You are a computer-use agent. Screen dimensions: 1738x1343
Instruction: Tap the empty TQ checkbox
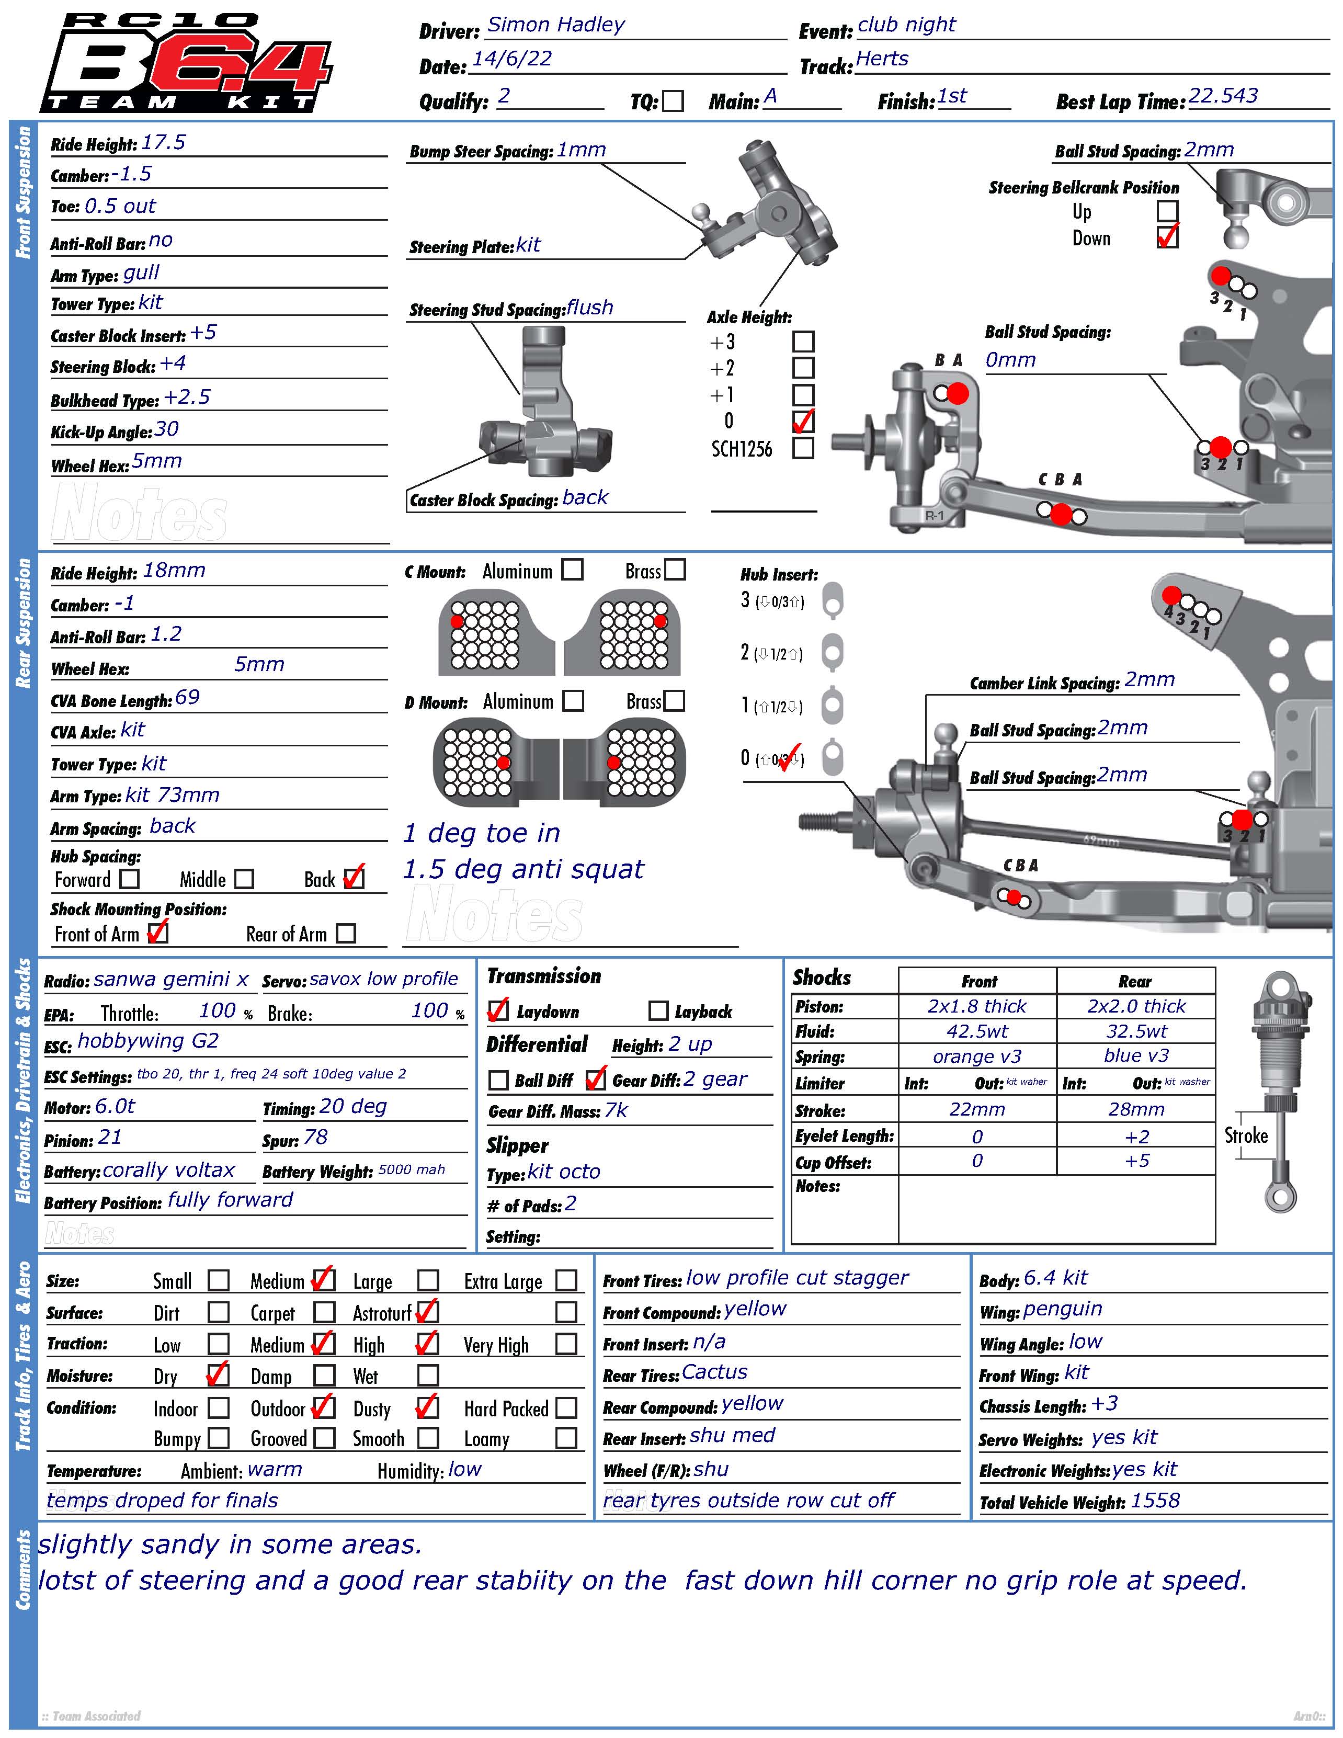pyautogui.click(x=673, y=101)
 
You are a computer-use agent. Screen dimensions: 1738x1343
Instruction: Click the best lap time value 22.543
pyautogui.click(x=1223, y=96)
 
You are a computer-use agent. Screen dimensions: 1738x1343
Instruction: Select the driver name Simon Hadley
pyautogui.click(x=556, y=25)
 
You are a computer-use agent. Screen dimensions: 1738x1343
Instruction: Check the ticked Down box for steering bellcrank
pyautogui.click(x=1167, y=237)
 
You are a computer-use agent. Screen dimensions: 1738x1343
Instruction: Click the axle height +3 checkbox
pyautogui.click(x=804, y=342)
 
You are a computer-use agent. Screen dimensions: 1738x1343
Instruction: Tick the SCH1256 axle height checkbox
pyautogui.click(x=804, y=448)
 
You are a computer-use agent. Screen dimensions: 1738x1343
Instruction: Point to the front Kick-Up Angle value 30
pyautogui.click(x=166, y=430)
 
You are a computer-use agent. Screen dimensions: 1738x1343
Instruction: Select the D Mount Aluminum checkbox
pyautogui.click(x=573, y=700)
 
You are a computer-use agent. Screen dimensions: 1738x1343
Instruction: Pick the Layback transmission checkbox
pyautogui.click(x=658, y=1010)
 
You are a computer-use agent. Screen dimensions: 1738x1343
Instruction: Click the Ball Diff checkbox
pyautogui.click(x=498, y=1080)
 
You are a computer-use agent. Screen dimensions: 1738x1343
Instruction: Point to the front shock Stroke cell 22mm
pyautogui.click(x=977, y=1109)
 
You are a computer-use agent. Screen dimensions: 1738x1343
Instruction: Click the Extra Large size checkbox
pyautogui.click(x=566, y=1280)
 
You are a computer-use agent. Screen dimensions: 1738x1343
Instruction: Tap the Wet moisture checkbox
pyautogui.click(x=428, y=1375)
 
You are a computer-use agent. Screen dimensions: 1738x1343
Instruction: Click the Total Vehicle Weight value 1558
pyautogui.click(x=1155, y=1501)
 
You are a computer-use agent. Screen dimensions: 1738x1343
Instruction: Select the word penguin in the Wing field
pyautogui.click(x=1062, y=1309)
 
